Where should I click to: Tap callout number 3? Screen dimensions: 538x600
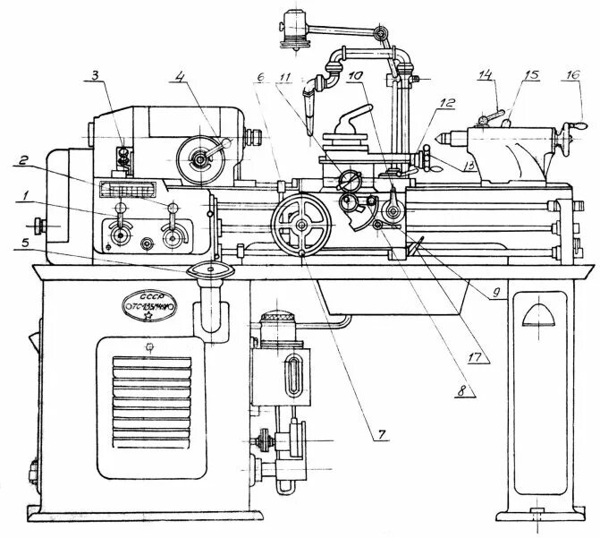pyautogui.click(x=97, y=76)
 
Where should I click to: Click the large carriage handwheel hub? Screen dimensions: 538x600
pyautogui.click(x=301, y=224)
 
